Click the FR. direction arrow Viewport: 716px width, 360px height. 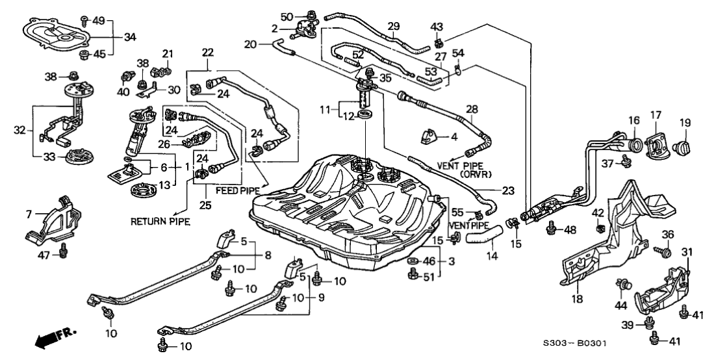tap(51, 337)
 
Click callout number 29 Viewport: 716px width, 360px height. tap(393, 26)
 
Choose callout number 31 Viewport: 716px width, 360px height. tap(687, 252)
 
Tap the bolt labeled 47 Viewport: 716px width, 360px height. tap(64, 250)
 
